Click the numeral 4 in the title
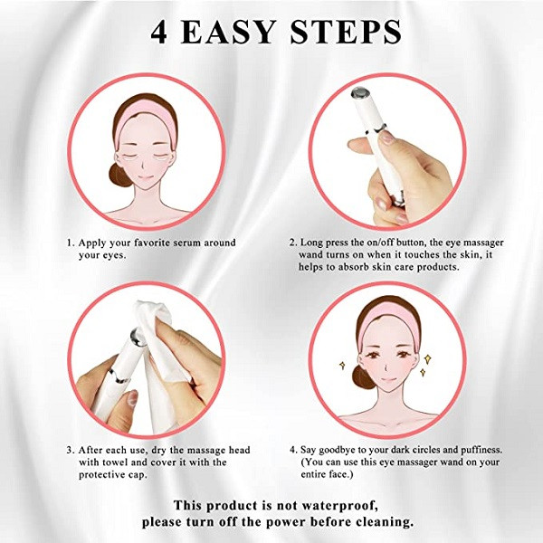159,33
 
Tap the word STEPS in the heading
346,32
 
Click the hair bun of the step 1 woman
119,176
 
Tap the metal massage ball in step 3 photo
138,338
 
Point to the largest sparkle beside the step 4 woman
428,358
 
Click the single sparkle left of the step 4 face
342,365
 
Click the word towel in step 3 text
116,462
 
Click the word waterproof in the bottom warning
340,506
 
